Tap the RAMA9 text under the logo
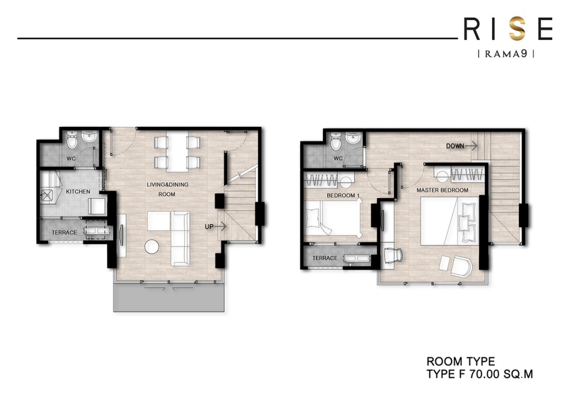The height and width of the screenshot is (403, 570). [507, 54]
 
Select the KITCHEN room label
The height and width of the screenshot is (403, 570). [78, 191]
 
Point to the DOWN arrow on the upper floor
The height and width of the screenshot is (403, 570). [461, 146]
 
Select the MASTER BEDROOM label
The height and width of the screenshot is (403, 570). [443, 190]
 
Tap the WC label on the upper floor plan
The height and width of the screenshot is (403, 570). [338, 158]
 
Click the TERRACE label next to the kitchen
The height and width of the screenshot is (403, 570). [64, 232]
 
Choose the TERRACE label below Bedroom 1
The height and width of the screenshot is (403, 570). [325, 258]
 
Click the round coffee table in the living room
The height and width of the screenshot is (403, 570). [152, 247]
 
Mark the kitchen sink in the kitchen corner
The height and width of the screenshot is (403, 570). [50, 194]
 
